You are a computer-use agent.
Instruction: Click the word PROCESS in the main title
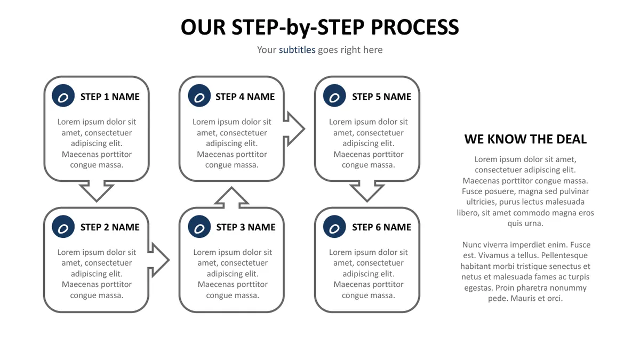(x=414, y=27)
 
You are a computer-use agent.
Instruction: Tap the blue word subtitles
(x=297, y=50)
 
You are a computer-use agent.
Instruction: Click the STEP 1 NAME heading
(x=110, y=97)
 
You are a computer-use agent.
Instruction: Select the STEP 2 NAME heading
(x=110, y=227)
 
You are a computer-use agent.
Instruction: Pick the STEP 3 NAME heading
(x=246, y=227)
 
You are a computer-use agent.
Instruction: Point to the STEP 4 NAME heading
(x=245, y=97)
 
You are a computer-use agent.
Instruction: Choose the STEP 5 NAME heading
(x=381, y=97)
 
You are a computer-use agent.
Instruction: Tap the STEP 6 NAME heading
(x=381, y=227)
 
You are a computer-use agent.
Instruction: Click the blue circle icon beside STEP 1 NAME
(x=63, y=95)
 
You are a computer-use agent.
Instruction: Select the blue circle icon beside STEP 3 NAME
(x=199, y=227)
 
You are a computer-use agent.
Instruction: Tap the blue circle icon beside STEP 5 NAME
(x=334, y=95)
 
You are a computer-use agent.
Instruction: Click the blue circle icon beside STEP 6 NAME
(x=334, y=227)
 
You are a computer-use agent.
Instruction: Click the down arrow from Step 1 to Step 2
(x=97, y=191)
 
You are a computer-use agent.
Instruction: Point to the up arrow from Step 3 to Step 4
(x=231, y=197)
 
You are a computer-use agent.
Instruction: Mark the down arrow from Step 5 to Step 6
(x=367, y=191)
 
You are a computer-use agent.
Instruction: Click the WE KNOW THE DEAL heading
(x=525, y=139)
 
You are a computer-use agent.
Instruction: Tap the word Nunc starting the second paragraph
(x=471, y=245)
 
